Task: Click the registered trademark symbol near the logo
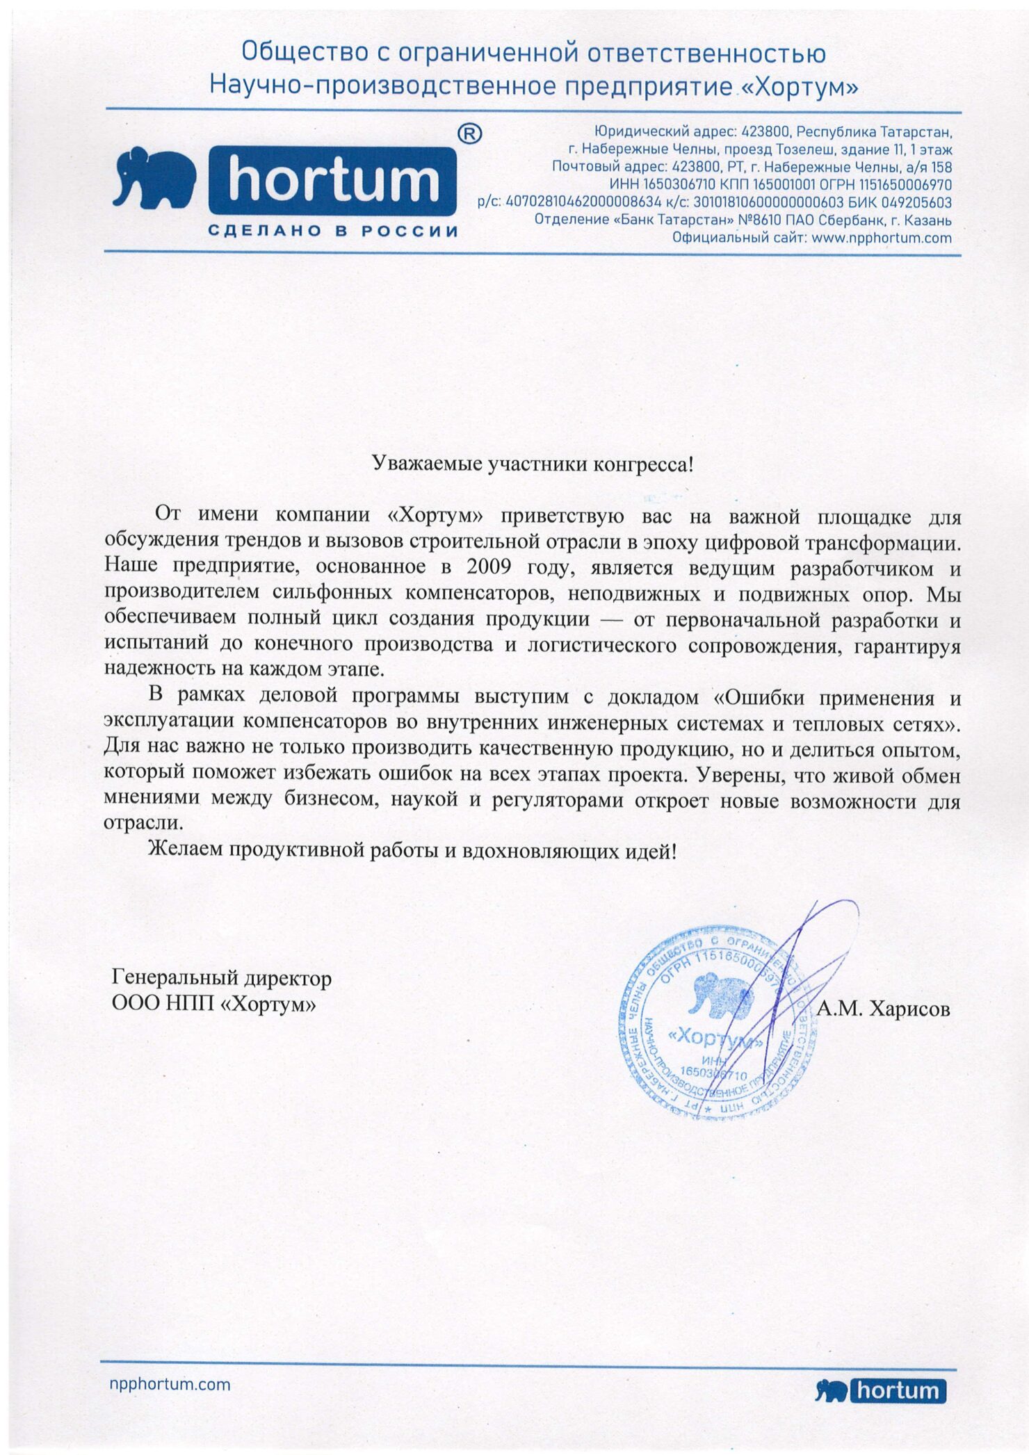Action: (x=471, y=133)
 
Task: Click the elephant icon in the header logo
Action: (x=154, y=178)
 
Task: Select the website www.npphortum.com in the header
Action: (x=881, y=238)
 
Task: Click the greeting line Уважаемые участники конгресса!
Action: (x=533, y=464)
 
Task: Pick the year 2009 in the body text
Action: (x=489, y=567)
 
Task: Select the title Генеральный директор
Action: (x=221, y=978)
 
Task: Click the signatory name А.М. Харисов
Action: (x=883, y=1009)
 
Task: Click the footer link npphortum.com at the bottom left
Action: (x=170, y=1384)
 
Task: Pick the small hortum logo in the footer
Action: (x=881, y=1390)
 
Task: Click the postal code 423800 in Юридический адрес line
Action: (x=765, y=131)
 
